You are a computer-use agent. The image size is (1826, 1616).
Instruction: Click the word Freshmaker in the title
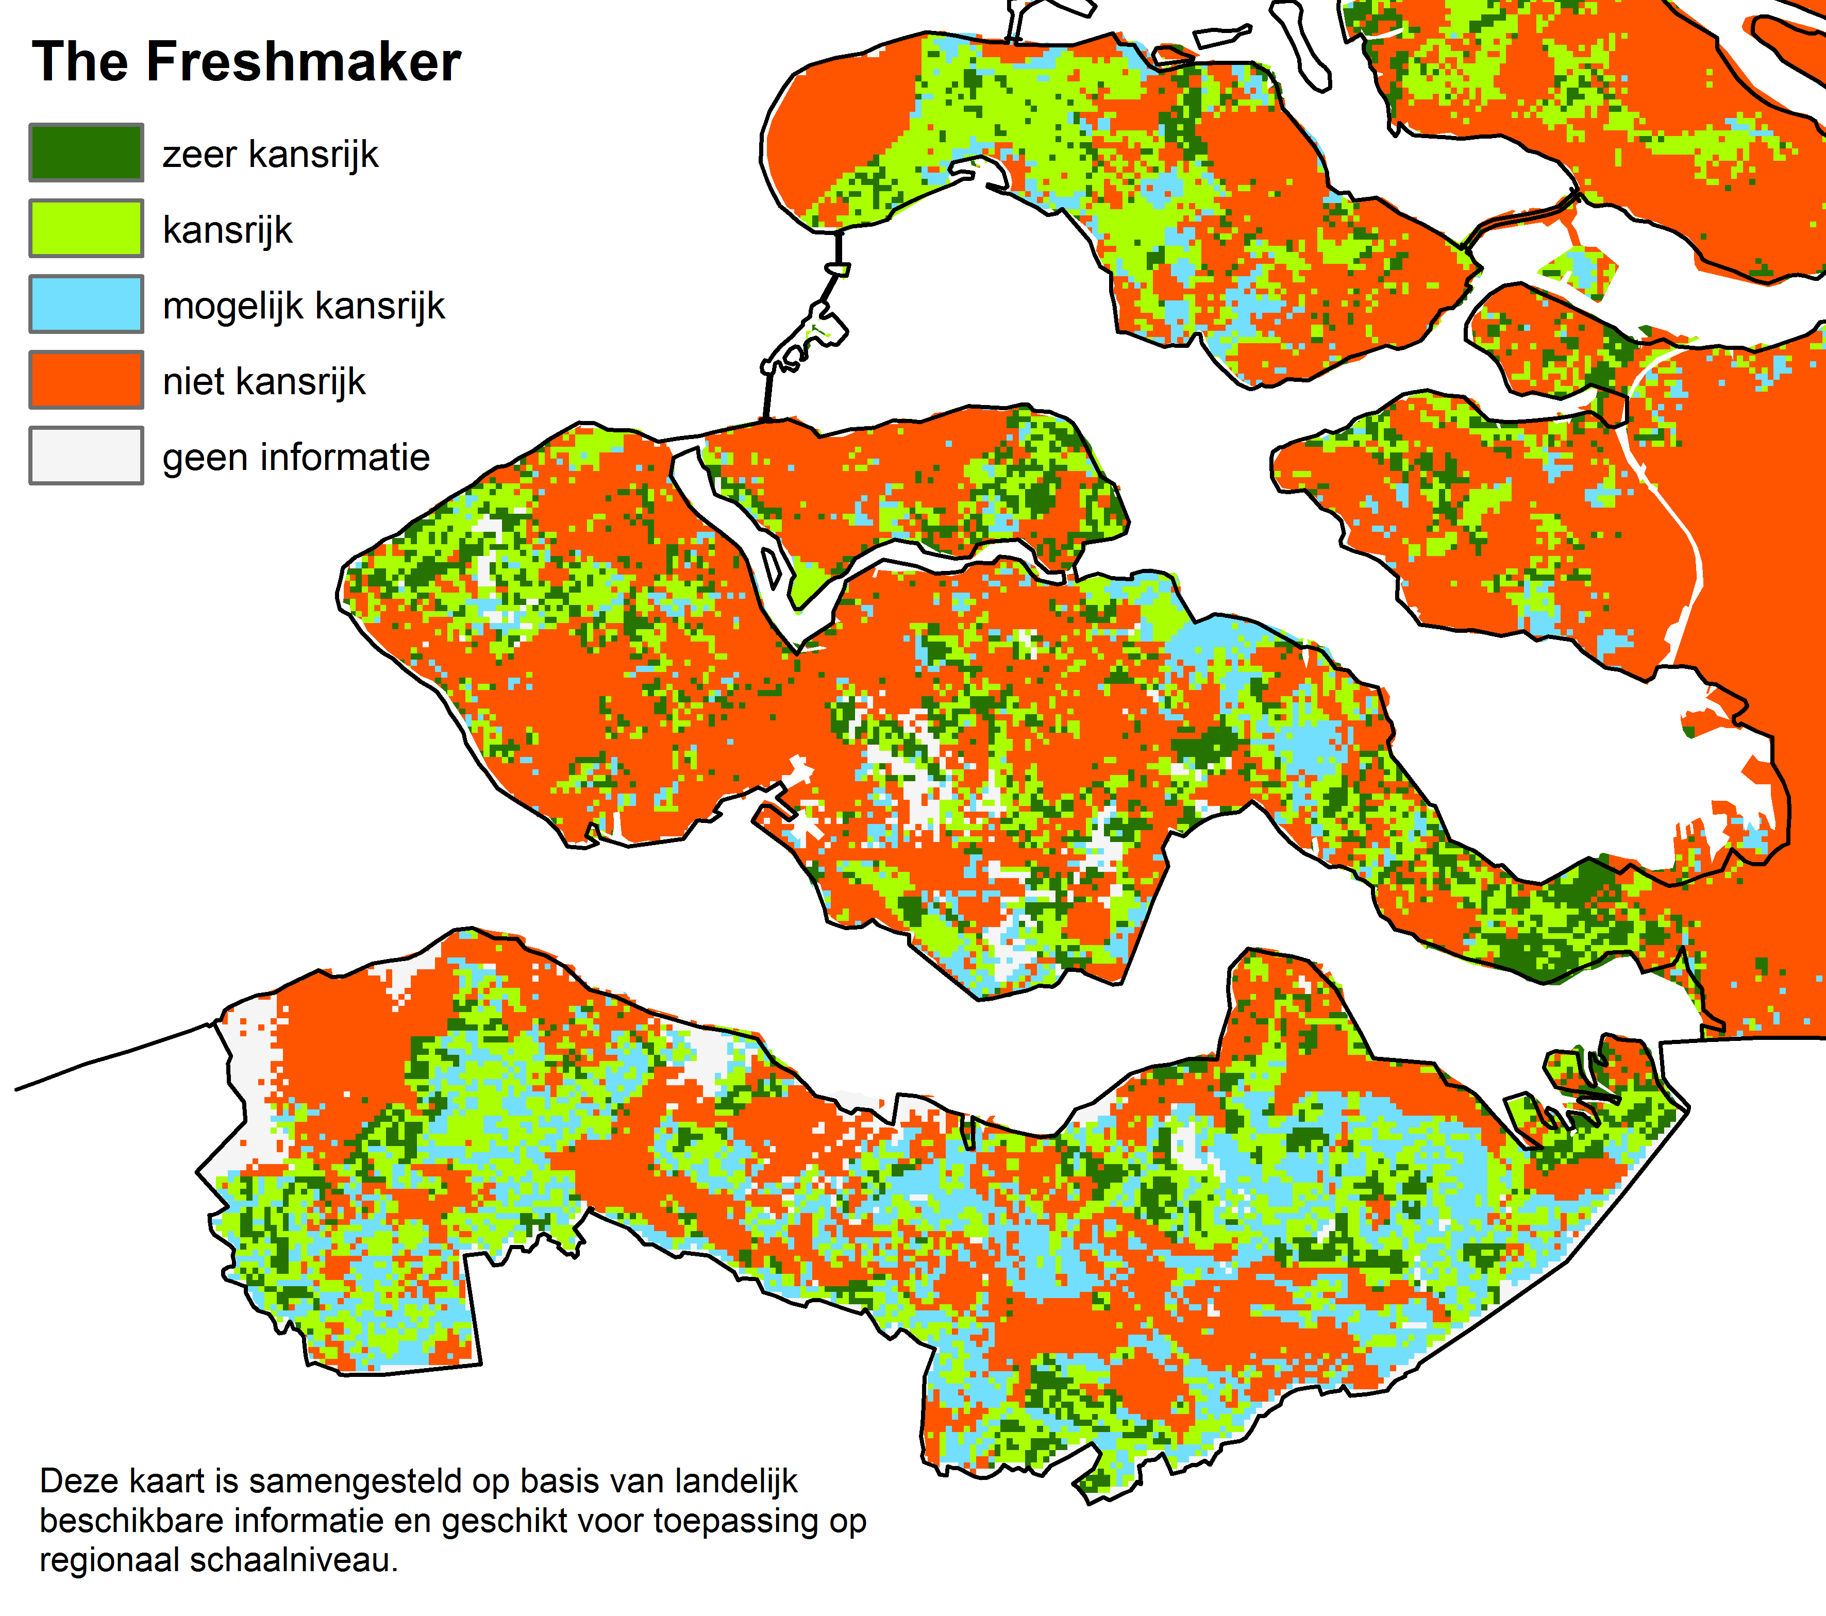pos(303,62)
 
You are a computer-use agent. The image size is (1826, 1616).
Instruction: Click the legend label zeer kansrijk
pos(270,155)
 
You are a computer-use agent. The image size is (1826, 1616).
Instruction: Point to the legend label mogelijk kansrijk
pos(303,307)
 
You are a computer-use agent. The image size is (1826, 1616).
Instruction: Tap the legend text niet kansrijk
pos(263,382)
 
